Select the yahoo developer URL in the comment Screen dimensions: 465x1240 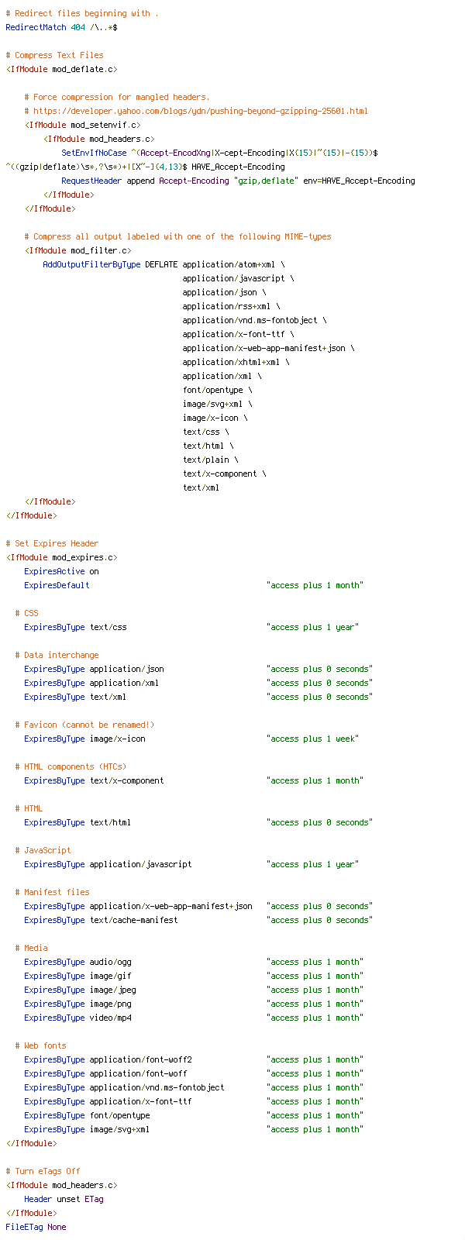[x=201, y=111]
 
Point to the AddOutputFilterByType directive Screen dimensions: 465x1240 [x=92, y=264]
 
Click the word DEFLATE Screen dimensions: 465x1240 [x=162, y=264]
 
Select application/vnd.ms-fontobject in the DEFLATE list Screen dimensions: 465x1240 [x=250, y=321]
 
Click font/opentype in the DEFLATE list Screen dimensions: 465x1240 [x=212, y=391]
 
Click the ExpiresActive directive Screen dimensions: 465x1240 [x=54, y=571]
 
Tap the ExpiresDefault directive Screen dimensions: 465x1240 [x=57, y=585]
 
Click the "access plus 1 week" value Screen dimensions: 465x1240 [x=313, y=739]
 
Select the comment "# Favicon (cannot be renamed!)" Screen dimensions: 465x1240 [x=84, y=725]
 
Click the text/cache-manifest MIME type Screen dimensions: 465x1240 [x=134, y=920]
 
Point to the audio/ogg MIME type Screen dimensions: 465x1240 [x=111, y=962]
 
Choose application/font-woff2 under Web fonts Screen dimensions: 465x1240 [x=140, y=1059]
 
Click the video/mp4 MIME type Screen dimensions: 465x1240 [x=111, y=1018]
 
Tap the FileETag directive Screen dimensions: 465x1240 [x=24, y=1228]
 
